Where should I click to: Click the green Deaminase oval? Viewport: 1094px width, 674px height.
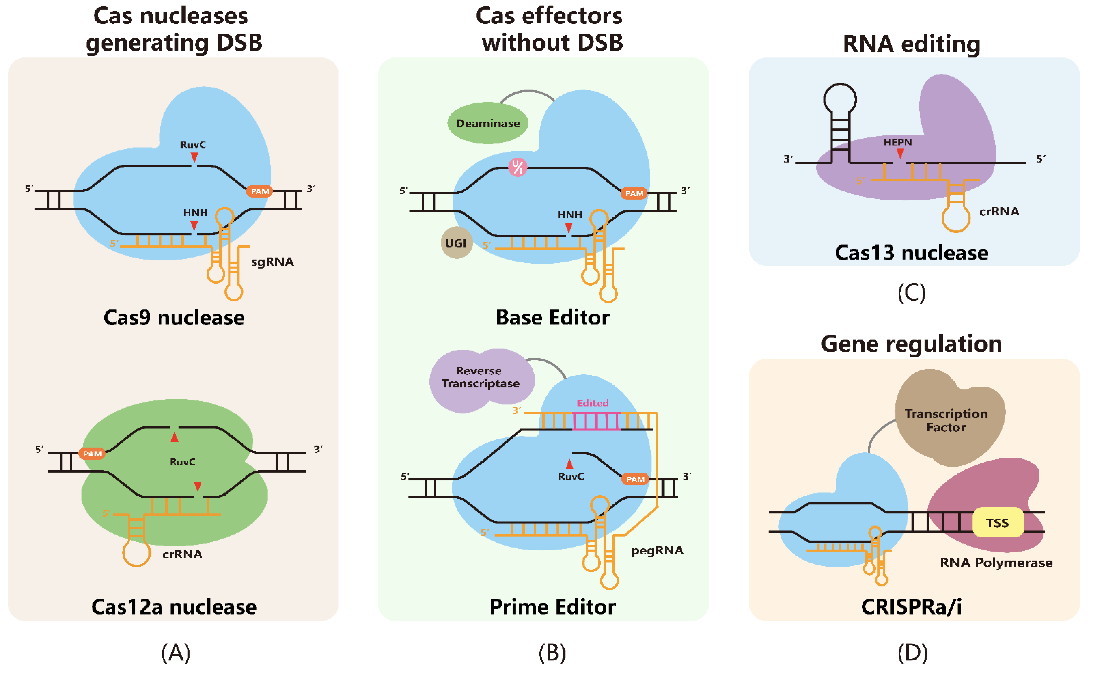pyautogui.click(x=488, y=123)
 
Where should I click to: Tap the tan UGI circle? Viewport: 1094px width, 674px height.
pyautogui.click(x=456, y=243)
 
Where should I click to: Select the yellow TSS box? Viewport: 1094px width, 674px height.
pyautogui.click(x=997, y=522)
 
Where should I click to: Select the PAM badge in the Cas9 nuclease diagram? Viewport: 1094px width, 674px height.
pyautogui.click(x=260, y=191)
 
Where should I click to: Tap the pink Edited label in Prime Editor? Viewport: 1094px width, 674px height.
pyautogui.click(x=593, y=403)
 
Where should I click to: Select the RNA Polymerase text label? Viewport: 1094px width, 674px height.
pyautogui.click(x=996, y=563)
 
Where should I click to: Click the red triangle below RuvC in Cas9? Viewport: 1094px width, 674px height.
pyautogui.click(x=194, y=157)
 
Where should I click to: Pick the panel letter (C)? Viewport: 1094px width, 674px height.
pyautogui.click(x=911, y=293)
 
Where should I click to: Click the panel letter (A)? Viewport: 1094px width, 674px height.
pyautogui.click(x=176, y=653)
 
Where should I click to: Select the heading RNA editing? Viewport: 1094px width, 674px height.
pyautogui.click(x=911, y=44)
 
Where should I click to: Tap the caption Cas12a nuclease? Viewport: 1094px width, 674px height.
pyautogui.click(x=174, y=607)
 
